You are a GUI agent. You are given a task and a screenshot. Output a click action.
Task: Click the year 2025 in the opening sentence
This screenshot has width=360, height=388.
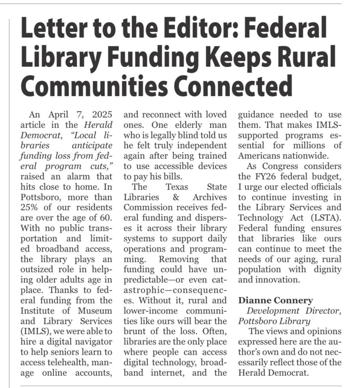(x=100, y=114)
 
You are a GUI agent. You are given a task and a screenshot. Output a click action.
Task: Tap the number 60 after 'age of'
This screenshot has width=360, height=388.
(x=106, y=218)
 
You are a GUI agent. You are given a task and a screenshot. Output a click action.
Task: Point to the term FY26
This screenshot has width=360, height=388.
(x=262, y=177)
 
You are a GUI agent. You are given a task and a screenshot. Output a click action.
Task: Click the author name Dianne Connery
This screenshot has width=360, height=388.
(x=275, y=301)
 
